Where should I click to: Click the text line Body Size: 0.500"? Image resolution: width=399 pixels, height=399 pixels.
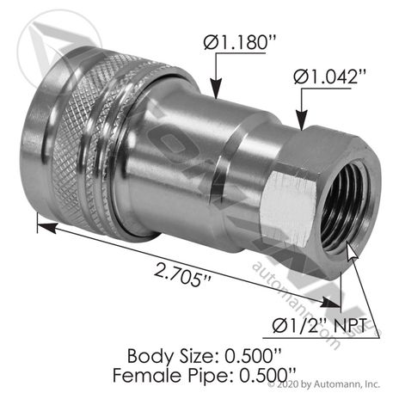pyautogui.click(x=200, y=353)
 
